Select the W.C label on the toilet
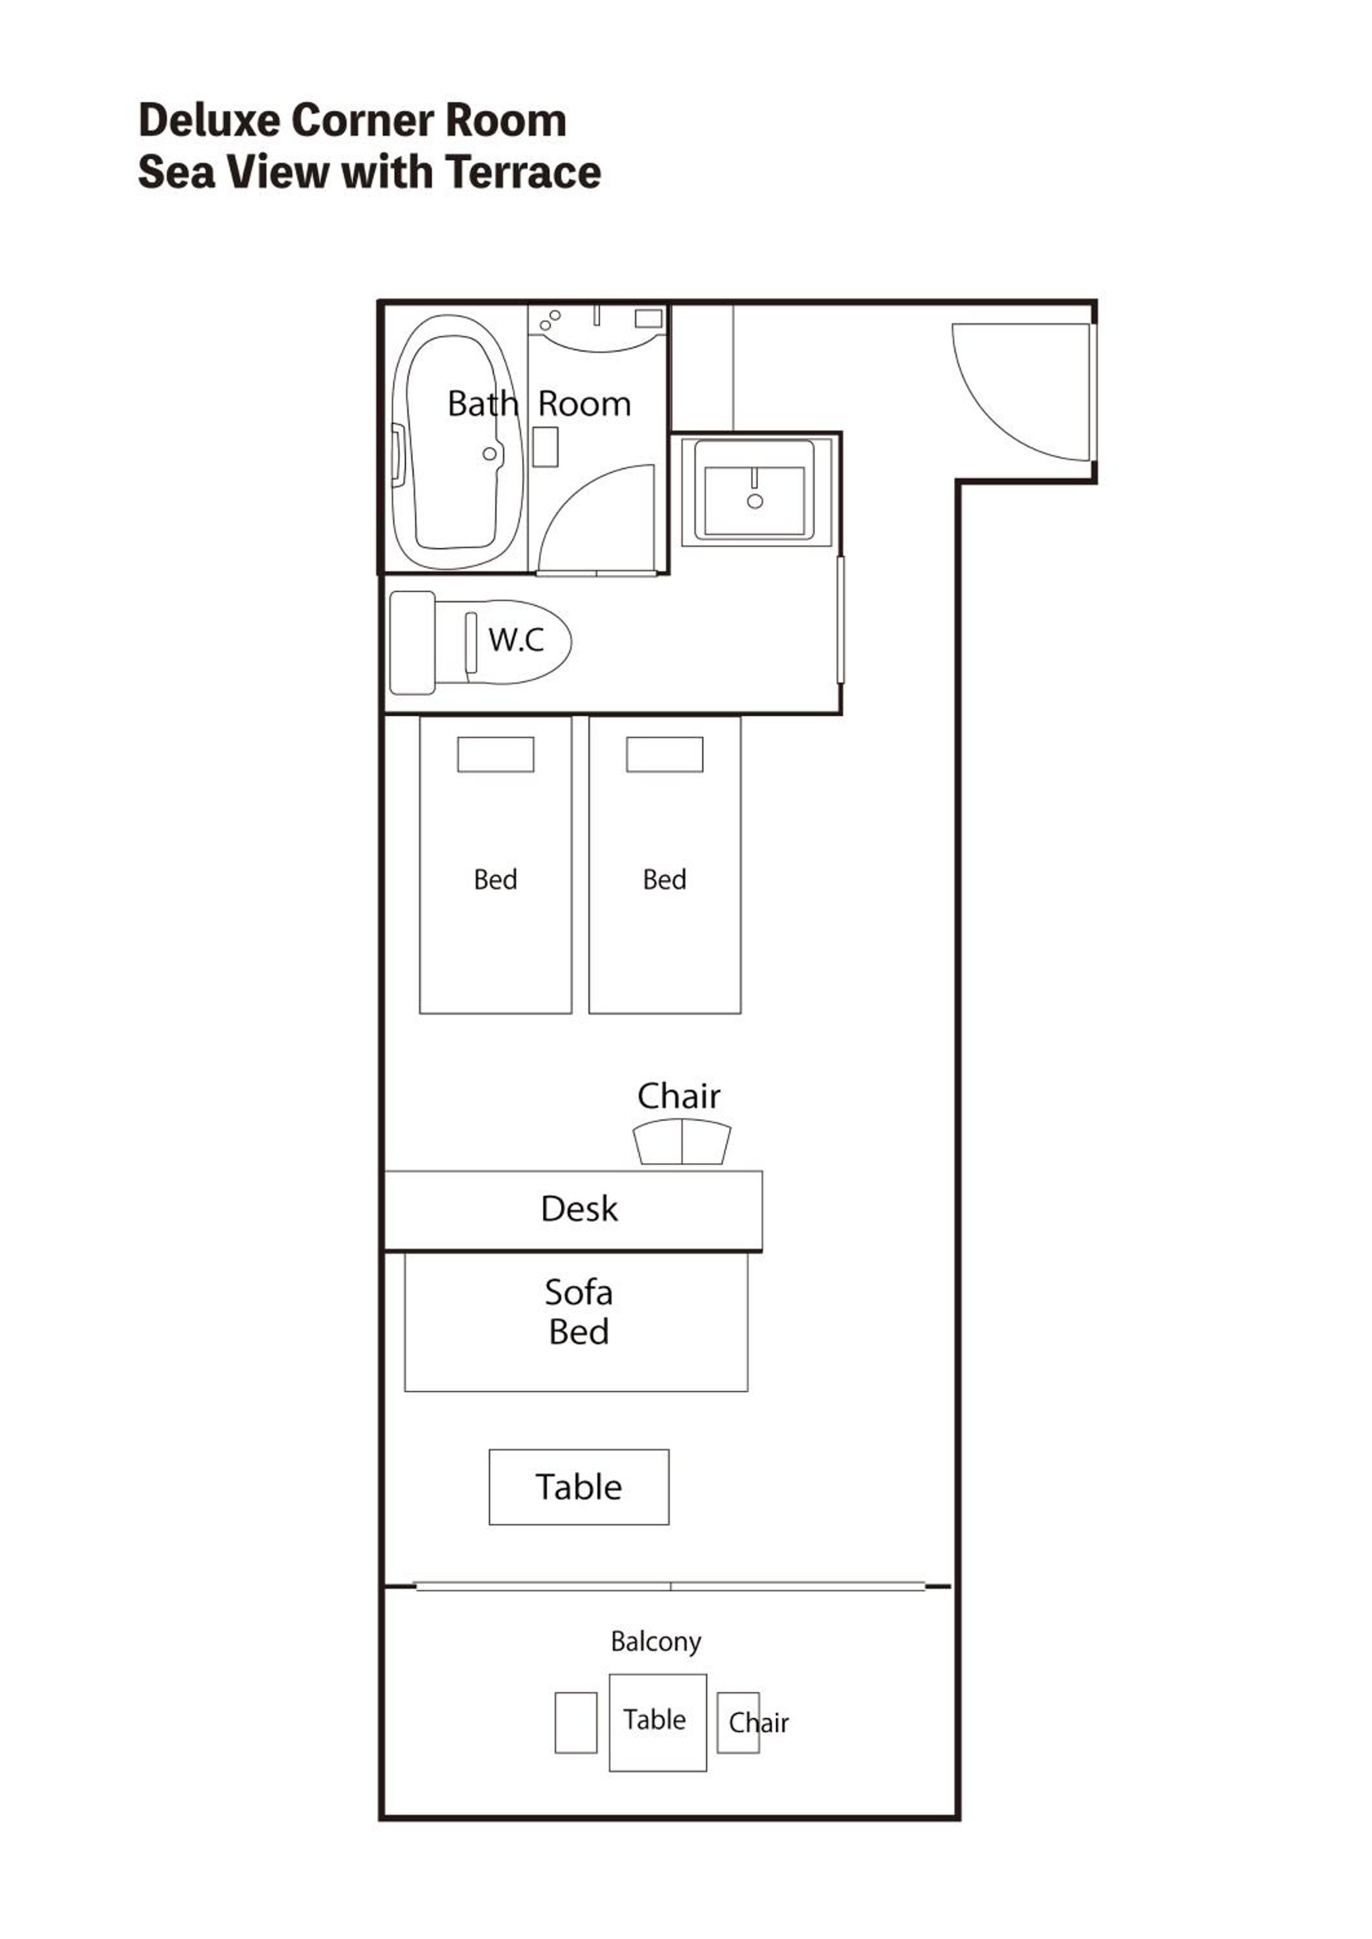pyautogui.click(x=516, y=640)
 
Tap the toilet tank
pyautogui.click(x=413, y=642)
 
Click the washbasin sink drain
pyautogui.click(x=755, y=502)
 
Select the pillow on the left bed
pyautogui.click(x=496, y=754)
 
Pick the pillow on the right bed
pyautogui.click(x=665, y=754)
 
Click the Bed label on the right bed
pyautogui.click(x=665, y=880)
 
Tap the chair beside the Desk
pyautogui.click(x=681, y=1143)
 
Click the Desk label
pyautogui.click(x=579, y=1209)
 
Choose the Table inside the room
pyautogui.click(x=579, y=1487)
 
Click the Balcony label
pyautogui.click(x=656, y=1642)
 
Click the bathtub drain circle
pyautogui.click(x=489, y=454)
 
